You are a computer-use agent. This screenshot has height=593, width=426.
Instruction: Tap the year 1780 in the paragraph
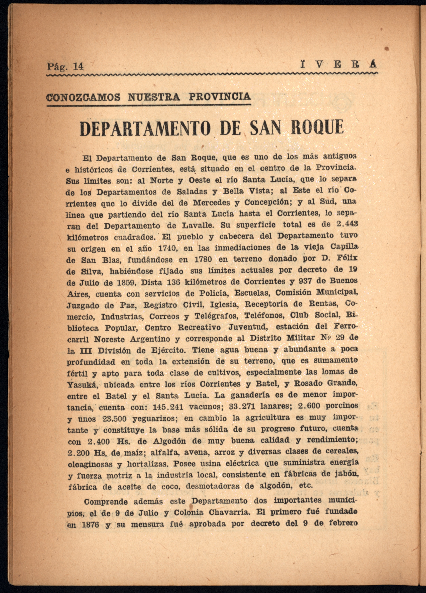(x=202, y=259)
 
